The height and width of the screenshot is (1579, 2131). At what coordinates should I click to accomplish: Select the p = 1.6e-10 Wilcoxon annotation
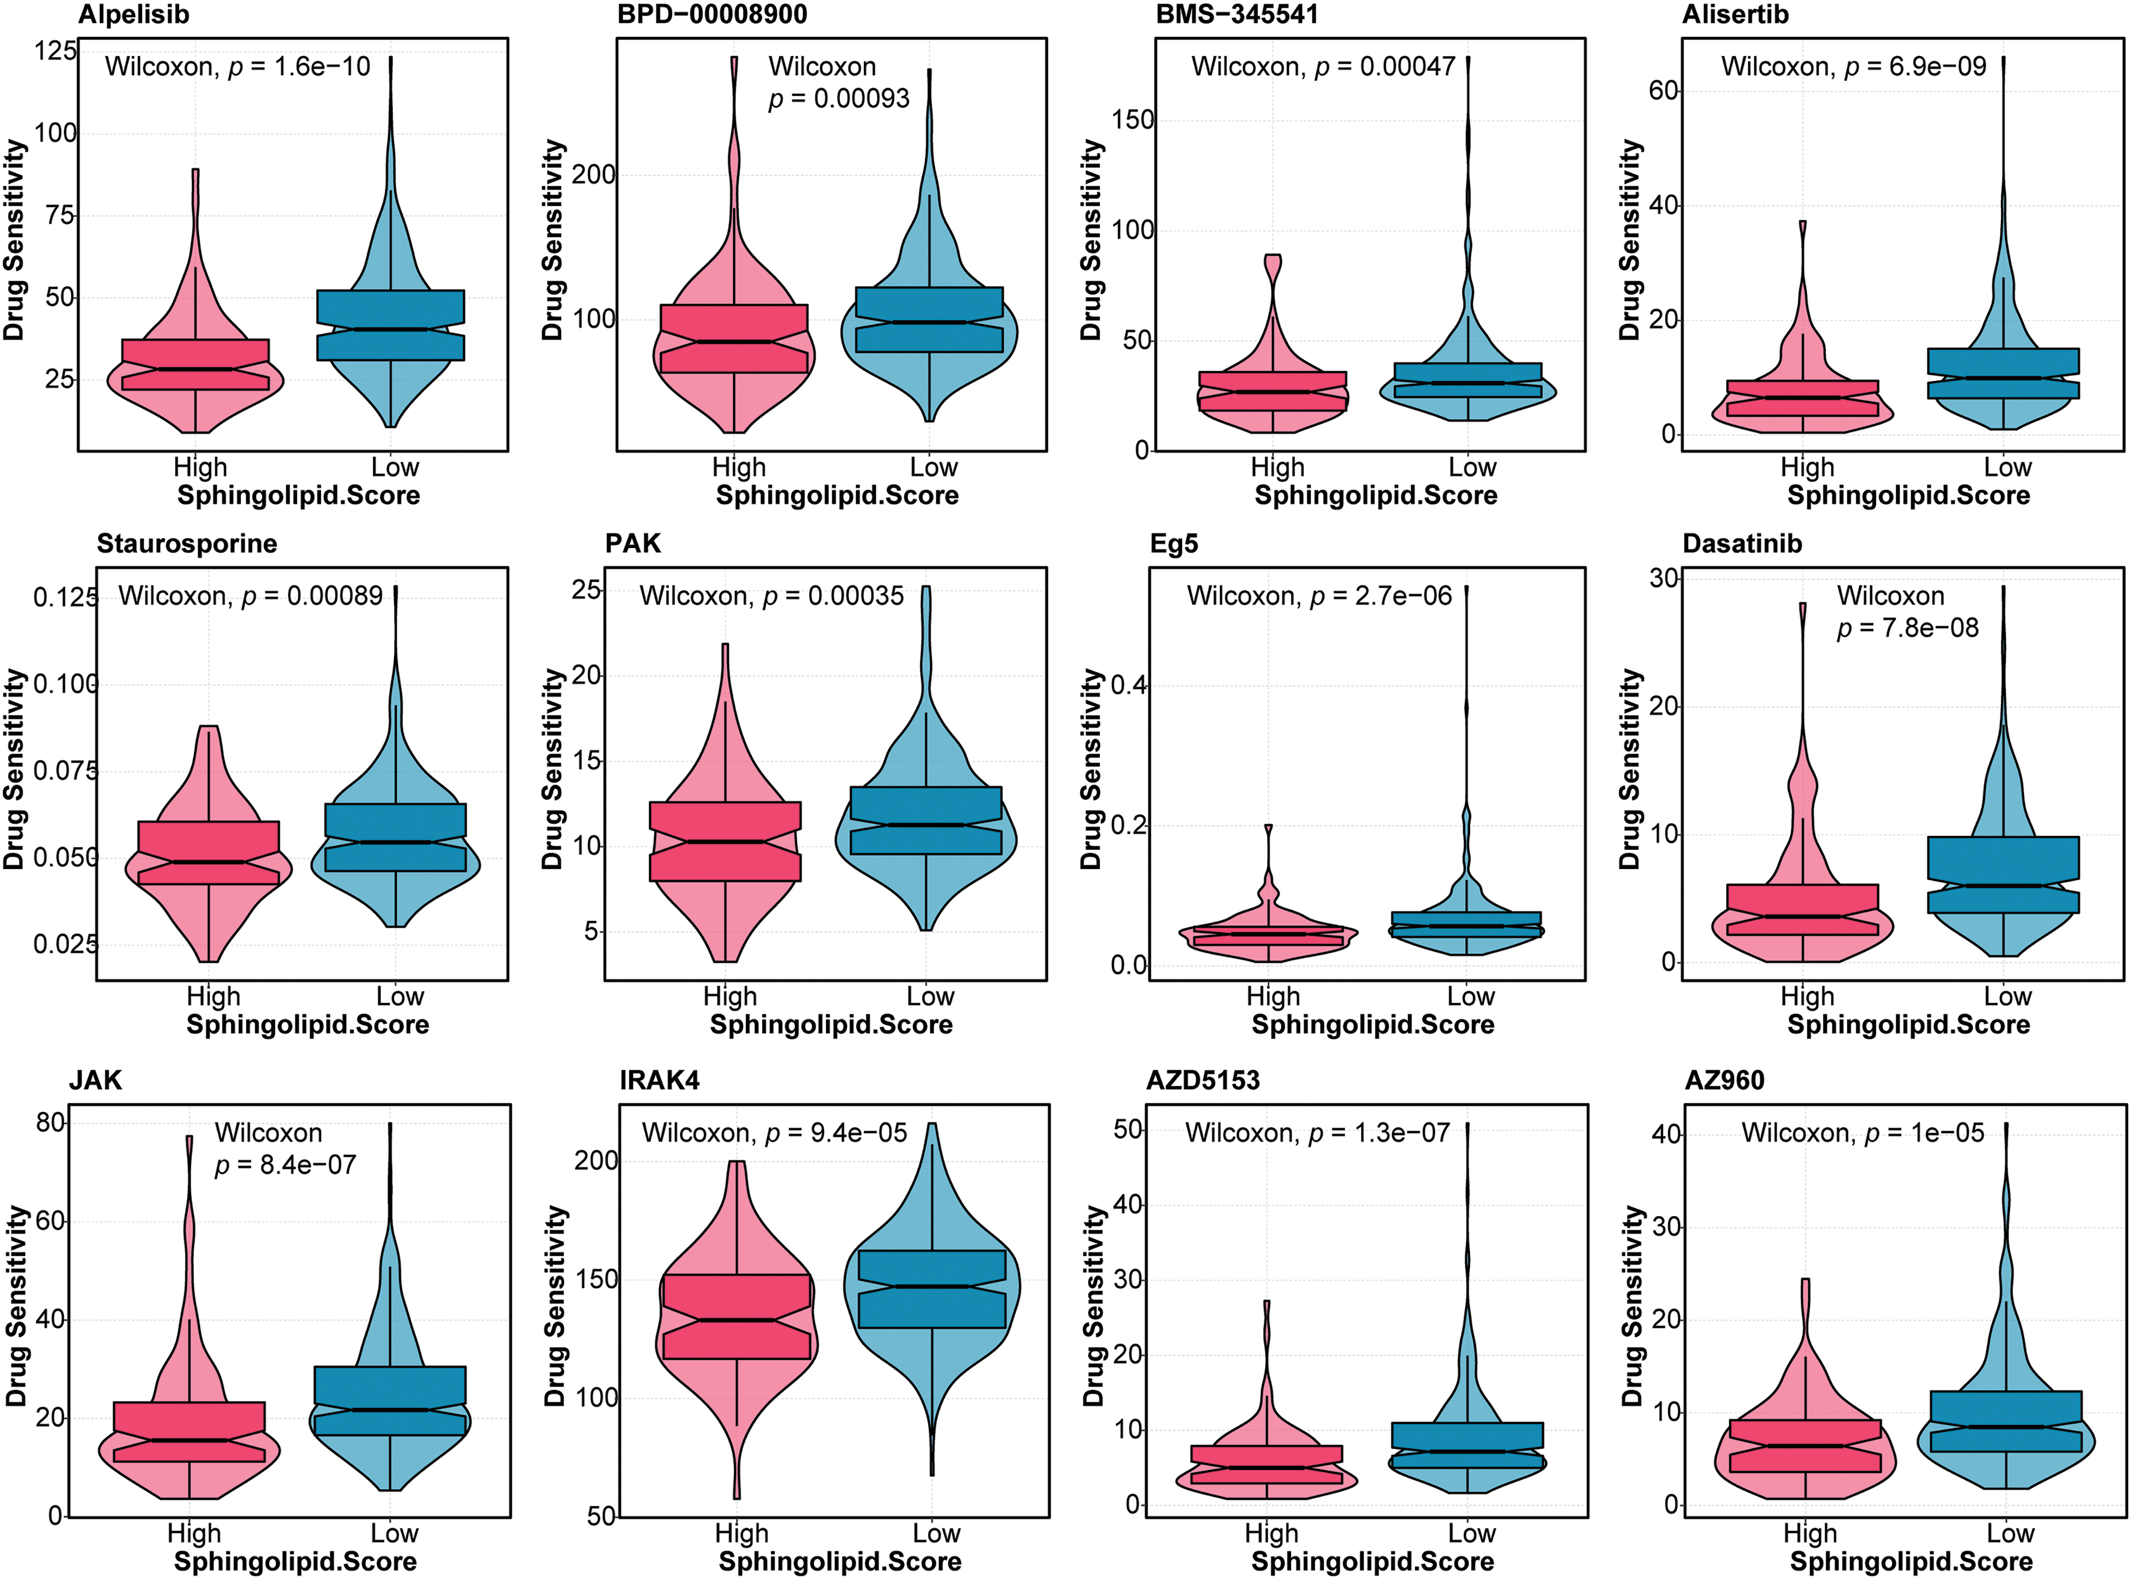(x=237, y=67)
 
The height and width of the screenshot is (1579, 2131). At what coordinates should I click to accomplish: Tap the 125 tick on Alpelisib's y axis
(x=56, y=51)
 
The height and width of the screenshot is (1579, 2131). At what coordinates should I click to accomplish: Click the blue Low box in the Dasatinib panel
(x=2003, y=874)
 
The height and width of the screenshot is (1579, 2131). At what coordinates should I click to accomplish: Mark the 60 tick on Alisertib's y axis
(x=1663, y=91)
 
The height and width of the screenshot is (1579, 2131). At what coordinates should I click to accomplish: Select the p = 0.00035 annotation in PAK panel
(x=771, y=596)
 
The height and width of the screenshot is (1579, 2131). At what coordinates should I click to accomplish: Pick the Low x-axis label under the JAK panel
(x=394, y=1534)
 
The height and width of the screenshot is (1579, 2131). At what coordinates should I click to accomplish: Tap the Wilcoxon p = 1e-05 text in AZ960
(x=1862, y=1133)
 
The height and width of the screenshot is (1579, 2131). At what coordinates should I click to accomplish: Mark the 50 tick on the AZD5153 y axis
(x=1129, y=1130)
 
